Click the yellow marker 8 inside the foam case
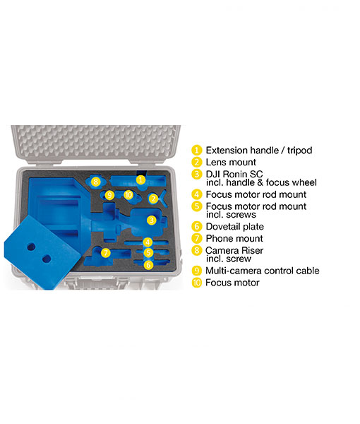coord(95,182)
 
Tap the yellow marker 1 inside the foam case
coord(140,179)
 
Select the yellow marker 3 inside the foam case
coord(152,220)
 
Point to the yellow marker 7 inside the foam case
coord(106,253)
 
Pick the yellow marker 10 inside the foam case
coord(128,195)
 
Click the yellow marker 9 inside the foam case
coord(109,195)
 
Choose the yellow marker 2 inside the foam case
coord(153,199)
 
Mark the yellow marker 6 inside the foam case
coord(148,265)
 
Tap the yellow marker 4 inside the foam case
coord(148,242)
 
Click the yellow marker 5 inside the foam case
coord(148,253)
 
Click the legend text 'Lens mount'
coord(231,163)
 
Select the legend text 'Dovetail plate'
coord(234,227)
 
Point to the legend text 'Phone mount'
coord(234,239)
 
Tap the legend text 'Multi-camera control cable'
coord(263,271)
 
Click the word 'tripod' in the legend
coord(300,151)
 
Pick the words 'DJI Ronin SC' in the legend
coord(234,174)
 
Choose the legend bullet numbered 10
coord(197,283)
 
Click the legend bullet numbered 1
coord(197,151)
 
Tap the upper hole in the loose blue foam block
coord(31,247)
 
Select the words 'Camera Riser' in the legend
coord(234,250)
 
